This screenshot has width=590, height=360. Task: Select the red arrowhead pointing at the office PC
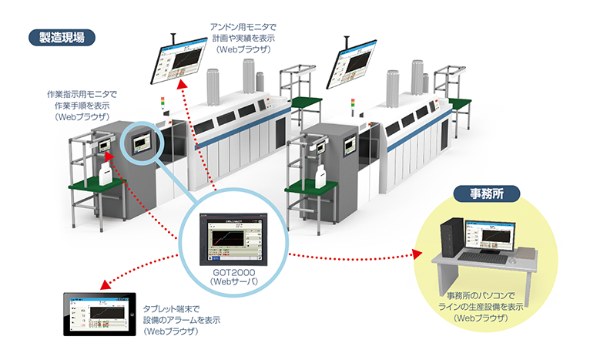click(x=420, y=253)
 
